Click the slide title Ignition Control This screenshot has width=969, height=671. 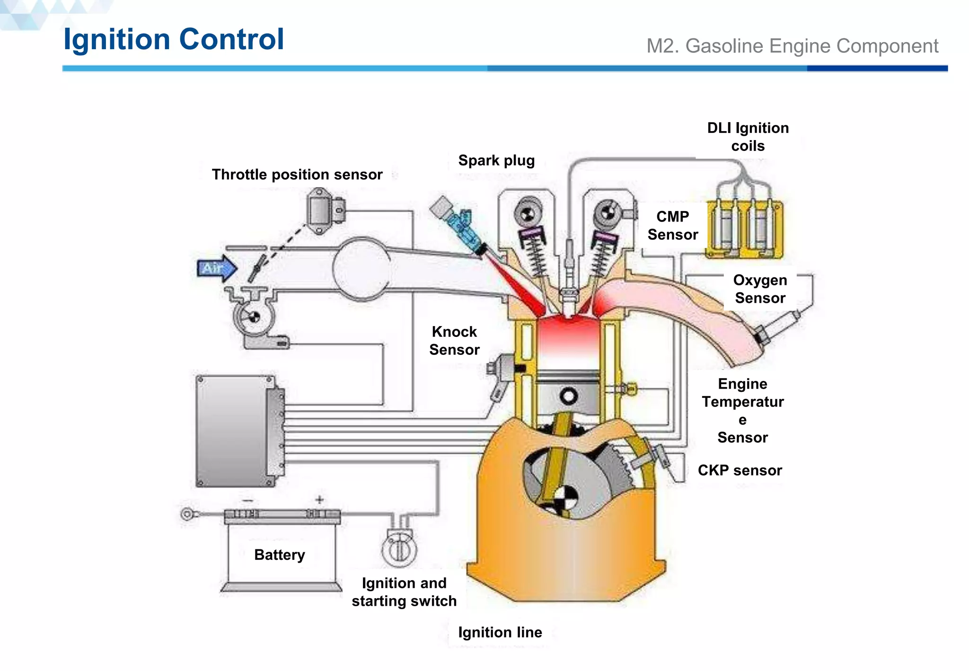174,39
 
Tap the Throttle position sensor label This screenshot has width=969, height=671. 297,175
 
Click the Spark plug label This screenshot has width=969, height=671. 496,160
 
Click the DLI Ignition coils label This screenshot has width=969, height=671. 748,137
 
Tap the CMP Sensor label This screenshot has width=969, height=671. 672,225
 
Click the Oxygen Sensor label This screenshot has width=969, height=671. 760,289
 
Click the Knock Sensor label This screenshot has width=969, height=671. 454,341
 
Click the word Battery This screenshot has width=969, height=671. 279,555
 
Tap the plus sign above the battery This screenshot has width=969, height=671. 320,500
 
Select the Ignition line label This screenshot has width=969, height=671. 500,632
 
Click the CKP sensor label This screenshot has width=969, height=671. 740,470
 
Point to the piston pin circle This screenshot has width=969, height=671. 568,397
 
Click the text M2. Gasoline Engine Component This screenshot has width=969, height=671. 792,46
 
